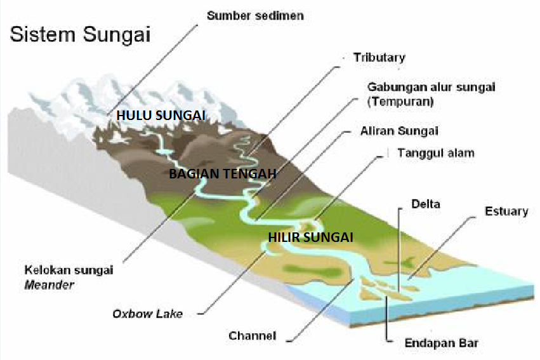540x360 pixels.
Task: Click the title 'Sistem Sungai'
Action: [x=79, y=34]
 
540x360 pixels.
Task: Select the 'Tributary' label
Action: [x=379, y=57]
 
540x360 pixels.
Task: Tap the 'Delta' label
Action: [x=425, y=204]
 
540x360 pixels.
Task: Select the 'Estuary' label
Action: [x=506, y=211]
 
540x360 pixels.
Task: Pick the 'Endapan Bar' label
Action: [x=442, y=343]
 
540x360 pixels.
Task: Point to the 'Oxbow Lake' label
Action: [x=147, y=314]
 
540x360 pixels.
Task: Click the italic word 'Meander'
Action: [x=49, y=285]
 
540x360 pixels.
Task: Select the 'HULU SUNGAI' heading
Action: [x=161, y=115]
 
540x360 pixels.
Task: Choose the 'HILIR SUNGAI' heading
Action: [x=309, y=237]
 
